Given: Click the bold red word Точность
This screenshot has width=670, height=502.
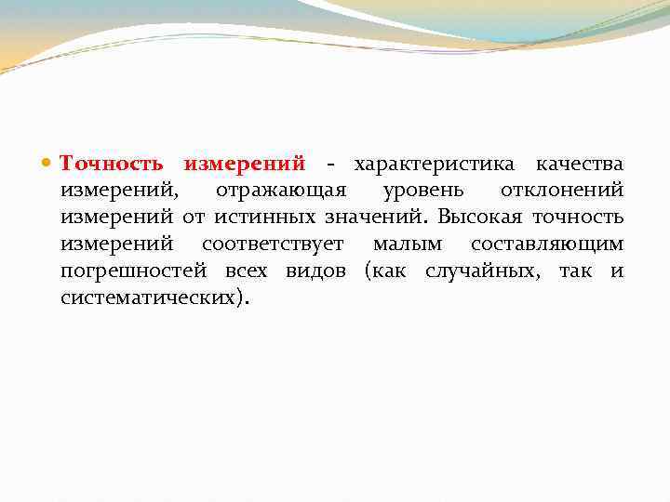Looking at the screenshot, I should pos(114,165).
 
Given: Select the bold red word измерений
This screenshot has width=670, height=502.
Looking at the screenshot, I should pos(244,165).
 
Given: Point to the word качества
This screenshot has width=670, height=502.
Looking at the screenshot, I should pos(579,165).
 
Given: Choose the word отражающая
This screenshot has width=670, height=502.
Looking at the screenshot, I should pos(281,192).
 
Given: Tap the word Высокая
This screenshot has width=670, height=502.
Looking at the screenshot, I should pos(480,218).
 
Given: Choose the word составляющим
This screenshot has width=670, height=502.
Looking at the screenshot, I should pos(547,245).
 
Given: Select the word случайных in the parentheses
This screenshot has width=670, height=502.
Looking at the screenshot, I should pos(483,272).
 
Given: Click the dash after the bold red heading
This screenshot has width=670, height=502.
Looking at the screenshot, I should pos(329,165).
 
